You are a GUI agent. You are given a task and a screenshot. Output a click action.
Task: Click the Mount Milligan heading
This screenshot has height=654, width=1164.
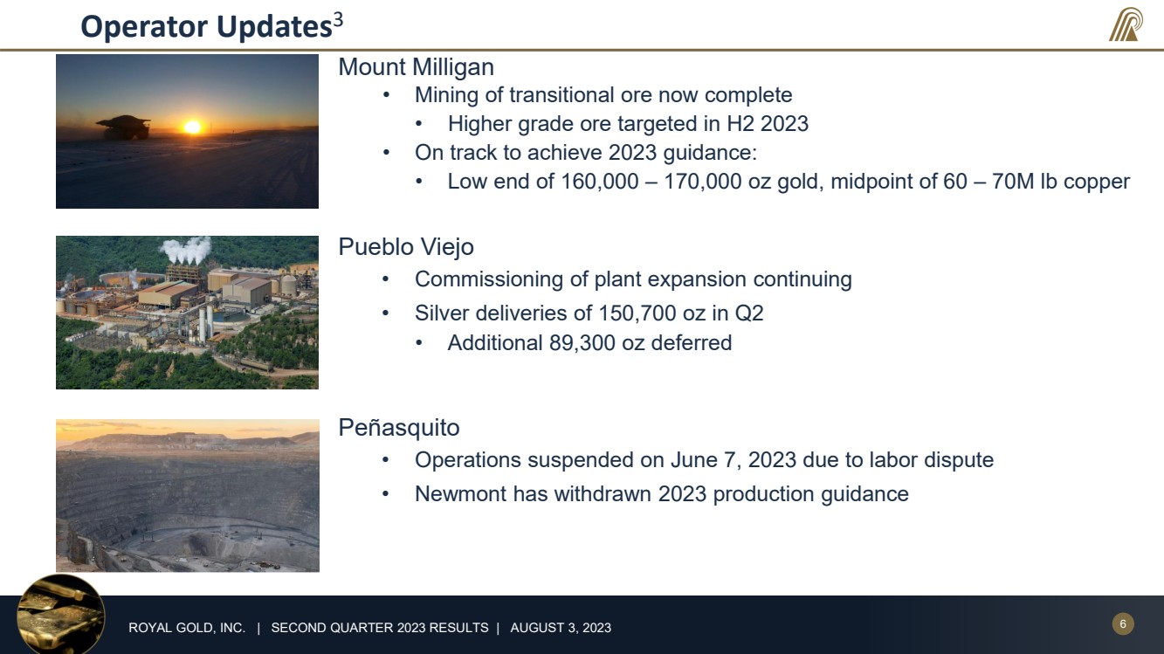[416, 67]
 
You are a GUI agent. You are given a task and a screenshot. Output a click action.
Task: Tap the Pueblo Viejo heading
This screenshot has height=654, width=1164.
[406, 247]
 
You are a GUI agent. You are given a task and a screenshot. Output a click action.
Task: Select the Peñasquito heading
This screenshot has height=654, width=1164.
[398, 428]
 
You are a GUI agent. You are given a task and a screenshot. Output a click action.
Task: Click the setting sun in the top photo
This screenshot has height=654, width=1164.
[192, 127]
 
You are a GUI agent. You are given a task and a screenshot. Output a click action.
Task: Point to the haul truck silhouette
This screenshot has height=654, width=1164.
[124, 127]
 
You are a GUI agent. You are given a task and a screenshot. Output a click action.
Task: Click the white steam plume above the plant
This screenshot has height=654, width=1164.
[187, 250]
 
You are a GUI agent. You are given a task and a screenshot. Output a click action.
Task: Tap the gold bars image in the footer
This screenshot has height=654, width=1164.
[61, 614]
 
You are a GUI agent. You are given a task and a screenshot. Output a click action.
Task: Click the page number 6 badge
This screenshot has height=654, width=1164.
[1123, 623]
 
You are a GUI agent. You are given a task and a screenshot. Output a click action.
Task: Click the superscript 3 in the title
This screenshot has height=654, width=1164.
[338, 20]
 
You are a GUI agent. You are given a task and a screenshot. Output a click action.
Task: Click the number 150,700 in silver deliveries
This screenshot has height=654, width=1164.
[637, 313]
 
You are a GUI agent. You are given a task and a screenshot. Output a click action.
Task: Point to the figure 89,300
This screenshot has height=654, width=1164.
[582, 343]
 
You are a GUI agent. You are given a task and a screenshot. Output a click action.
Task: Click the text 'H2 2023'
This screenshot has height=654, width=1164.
[768, 124]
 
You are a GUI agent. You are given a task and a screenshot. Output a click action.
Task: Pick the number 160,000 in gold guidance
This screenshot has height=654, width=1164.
[600, 182]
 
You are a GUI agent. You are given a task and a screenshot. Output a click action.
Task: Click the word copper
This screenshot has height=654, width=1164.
[1097, 182]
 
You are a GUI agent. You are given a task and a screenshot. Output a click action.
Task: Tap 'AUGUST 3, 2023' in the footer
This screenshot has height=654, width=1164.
[561, 628]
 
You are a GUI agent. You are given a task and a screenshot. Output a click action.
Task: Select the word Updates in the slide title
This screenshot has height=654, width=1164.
[274, 26]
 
